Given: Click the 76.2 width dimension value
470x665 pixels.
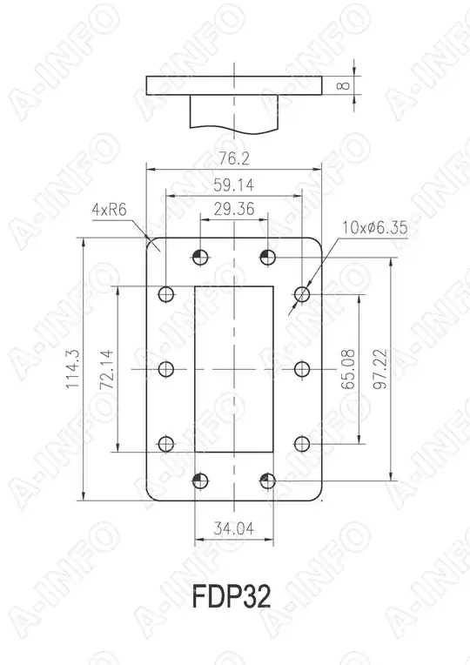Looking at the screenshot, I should point(233,158).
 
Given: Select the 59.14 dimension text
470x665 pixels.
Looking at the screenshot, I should point(233,185).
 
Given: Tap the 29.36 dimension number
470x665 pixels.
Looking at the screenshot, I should point(233,208).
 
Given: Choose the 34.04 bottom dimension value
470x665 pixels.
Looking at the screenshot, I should point(233,528).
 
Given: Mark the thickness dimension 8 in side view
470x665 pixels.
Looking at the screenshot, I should point(345,85).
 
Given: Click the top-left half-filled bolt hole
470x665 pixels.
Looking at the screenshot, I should point(200,256).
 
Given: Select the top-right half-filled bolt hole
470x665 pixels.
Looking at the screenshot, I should point(267,256).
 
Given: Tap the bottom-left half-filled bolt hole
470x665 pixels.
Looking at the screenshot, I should point(200,480).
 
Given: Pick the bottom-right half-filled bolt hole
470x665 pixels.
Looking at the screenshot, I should point(267,480).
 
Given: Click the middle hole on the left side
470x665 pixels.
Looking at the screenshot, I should point(166,369).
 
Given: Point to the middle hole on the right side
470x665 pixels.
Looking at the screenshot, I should point(302,369).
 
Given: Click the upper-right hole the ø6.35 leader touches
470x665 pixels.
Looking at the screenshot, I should point(302,294).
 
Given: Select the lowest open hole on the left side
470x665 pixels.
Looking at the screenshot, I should point(166,444).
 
